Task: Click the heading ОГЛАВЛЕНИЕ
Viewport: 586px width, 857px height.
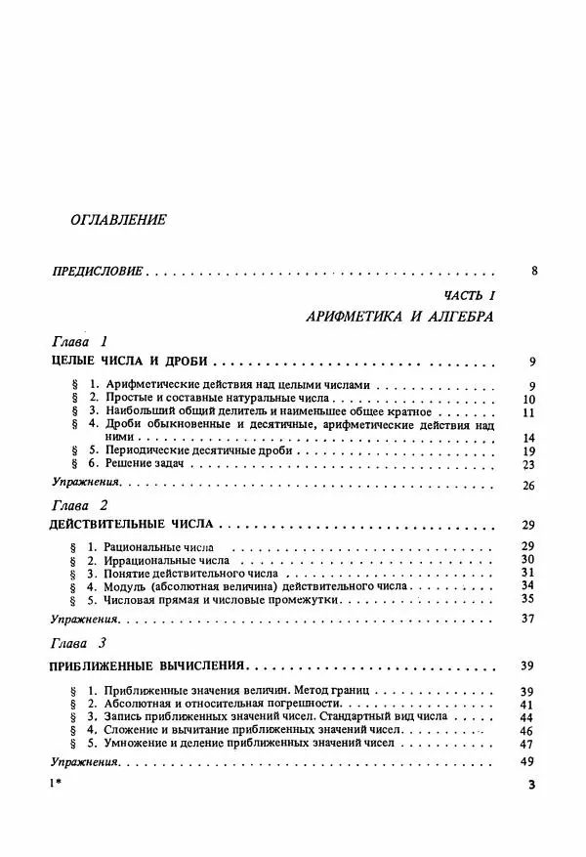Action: click(x=118, y=220)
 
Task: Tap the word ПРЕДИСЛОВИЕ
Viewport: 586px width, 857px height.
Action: click(x=96, y=271)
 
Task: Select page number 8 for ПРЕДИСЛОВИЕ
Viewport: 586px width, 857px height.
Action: click(x=534, y=271)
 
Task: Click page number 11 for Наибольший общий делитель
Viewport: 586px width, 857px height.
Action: click(x=527, y=412)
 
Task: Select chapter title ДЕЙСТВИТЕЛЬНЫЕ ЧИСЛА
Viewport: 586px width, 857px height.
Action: click(x=130, y=525)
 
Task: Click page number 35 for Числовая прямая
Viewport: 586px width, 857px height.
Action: click(x=528, y=599)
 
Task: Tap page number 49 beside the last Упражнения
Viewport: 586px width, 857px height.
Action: click(x=528, y=762)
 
